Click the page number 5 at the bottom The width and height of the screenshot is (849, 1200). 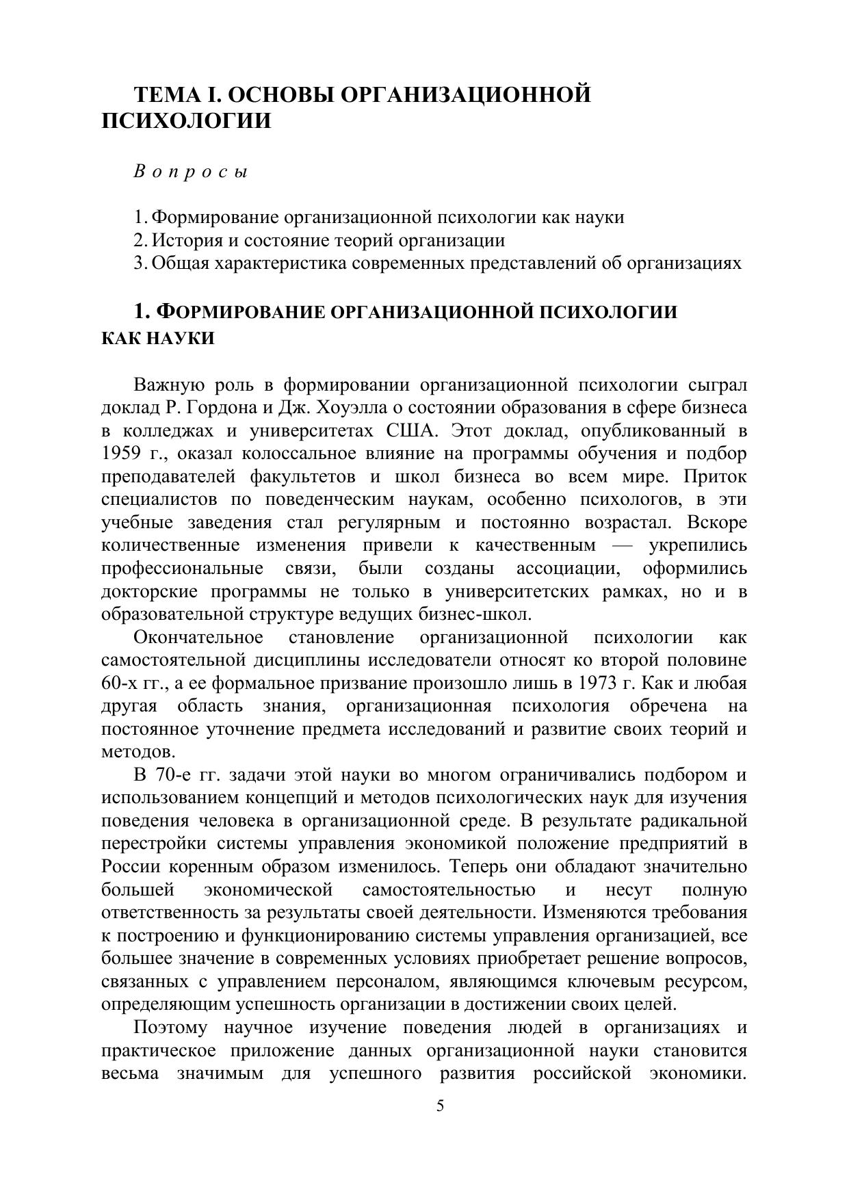point(440,1106)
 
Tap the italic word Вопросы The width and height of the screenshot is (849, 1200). point(190,172)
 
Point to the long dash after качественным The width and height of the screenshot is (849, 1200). point(623,546)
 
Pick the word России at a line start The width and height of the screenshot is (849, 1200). point(130,867)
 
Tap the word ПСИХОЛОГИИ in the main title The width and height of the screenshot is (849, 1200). point(186,122)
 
